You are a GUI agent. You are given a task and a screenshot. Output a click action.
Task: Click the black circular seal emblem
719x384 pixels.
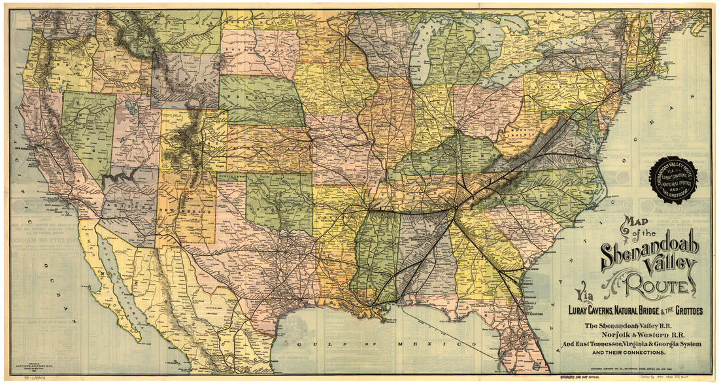click(673, 180)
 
